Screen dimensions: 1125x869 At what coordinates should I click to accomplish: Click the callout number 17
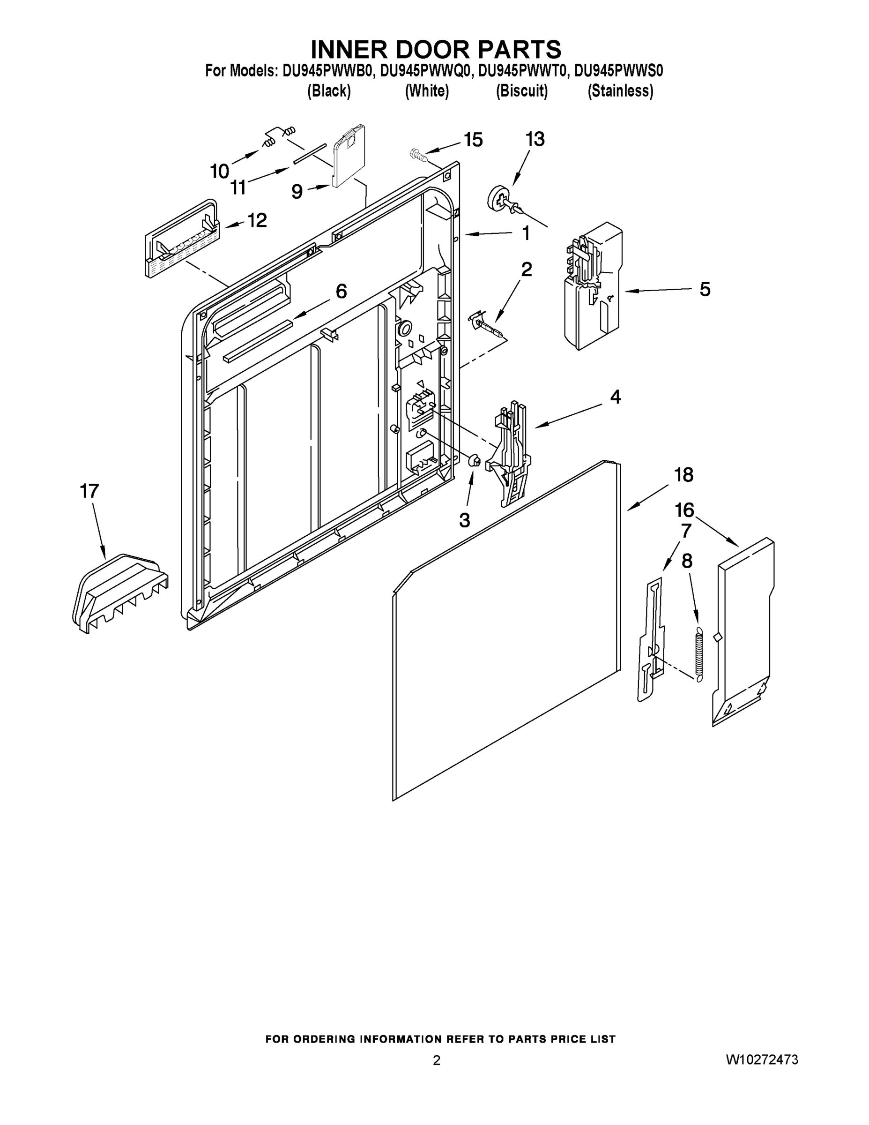[x=89, y=491]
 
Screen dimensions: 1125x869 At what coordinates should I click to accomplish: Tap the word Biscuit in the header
[x=521, y=91]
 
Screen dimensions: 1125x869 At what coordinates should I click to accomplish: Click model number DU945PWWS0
[x=618, y=71]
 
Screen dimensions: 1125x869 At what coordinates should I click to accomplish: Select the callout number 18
[x=683, y=474]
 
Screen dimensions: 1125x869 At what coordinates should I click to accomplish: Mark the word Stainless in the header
[x=620, y=91]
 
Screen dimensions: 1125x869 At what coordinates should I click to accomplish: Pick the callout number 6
[x=341, y=291]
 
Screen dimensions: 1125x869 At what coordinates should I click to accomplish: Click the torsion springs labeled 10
[x=278, y=135]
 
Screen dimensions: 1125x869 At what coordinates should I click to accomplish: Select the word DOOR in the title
[x=435, y=49]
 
